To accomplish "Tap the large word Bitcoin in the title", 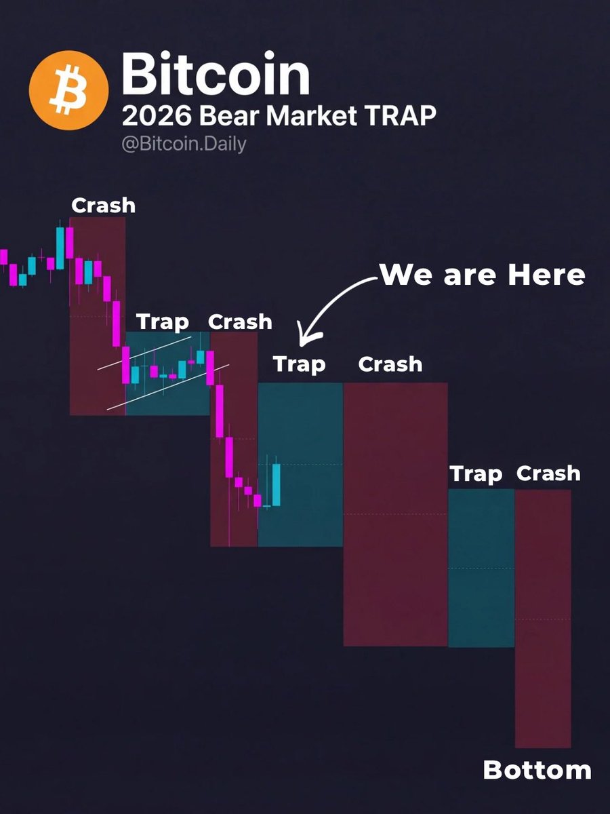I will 216,76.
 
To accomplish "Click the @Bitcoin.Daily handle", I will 184,144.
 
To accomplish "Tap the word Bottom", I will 537,770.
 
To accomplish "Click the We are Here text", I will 482,275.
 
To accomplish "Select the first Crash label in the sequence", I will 103,205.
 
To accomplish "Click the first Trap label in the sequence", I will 163,321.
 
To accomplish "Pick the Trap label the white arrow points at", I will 299,364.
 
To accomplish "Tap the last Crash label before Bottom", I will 548,473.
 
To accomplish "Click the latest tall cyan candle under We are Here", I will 277,484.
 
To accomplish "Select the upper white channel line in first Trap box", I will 144,351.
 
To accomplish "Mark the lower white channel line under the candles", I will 166,387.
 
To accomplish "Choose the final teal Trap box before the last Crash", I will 481,567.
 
